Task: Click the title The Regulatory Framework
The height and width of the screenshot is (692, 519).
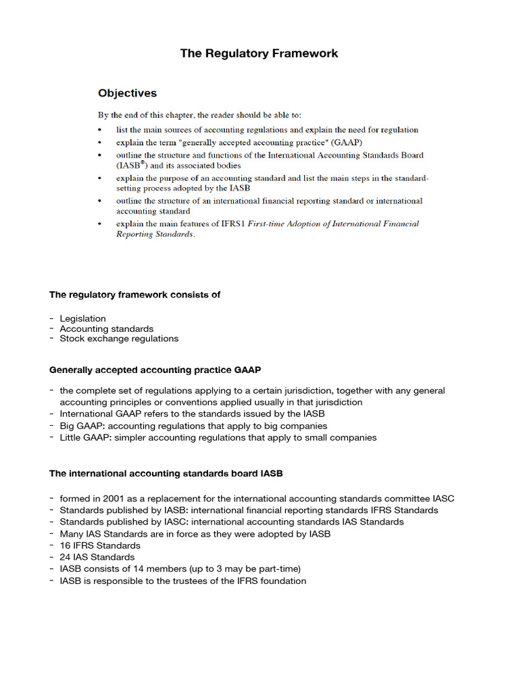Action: [x=259, y=53]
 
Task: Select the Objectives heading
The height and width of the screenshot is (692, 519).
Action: [x=127, y=93]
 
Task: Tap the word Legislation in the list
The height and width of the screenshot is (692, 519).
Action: [x=82, y=318]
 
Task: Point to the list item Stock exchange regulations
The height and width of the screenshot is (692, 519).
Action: [x=119, y=339]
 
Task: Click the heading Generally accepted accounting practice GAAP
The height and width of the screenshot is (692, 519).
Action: [x=155, y=370]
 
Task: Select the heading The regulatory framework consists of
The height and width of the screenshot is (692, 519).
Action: [x=134, y=295]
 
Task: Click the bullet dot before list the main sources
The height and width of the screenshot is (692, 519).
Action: [x=100, y=130]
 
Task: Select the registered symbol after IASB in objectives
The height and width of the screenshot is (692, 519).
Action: [x=143, y=162]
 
